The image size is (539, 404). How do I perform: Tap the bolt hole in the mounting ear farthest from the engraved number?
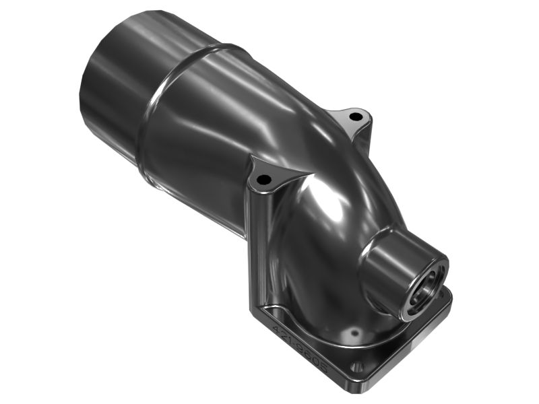pyautogui.click(x=355, y=116)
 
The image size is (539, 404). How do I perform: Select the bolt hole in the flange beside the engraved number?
pyautogui.click(x=358, y=367)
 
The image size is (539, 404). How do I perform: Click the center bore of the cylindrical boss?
pyautogui.click(x=428, y=283)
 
